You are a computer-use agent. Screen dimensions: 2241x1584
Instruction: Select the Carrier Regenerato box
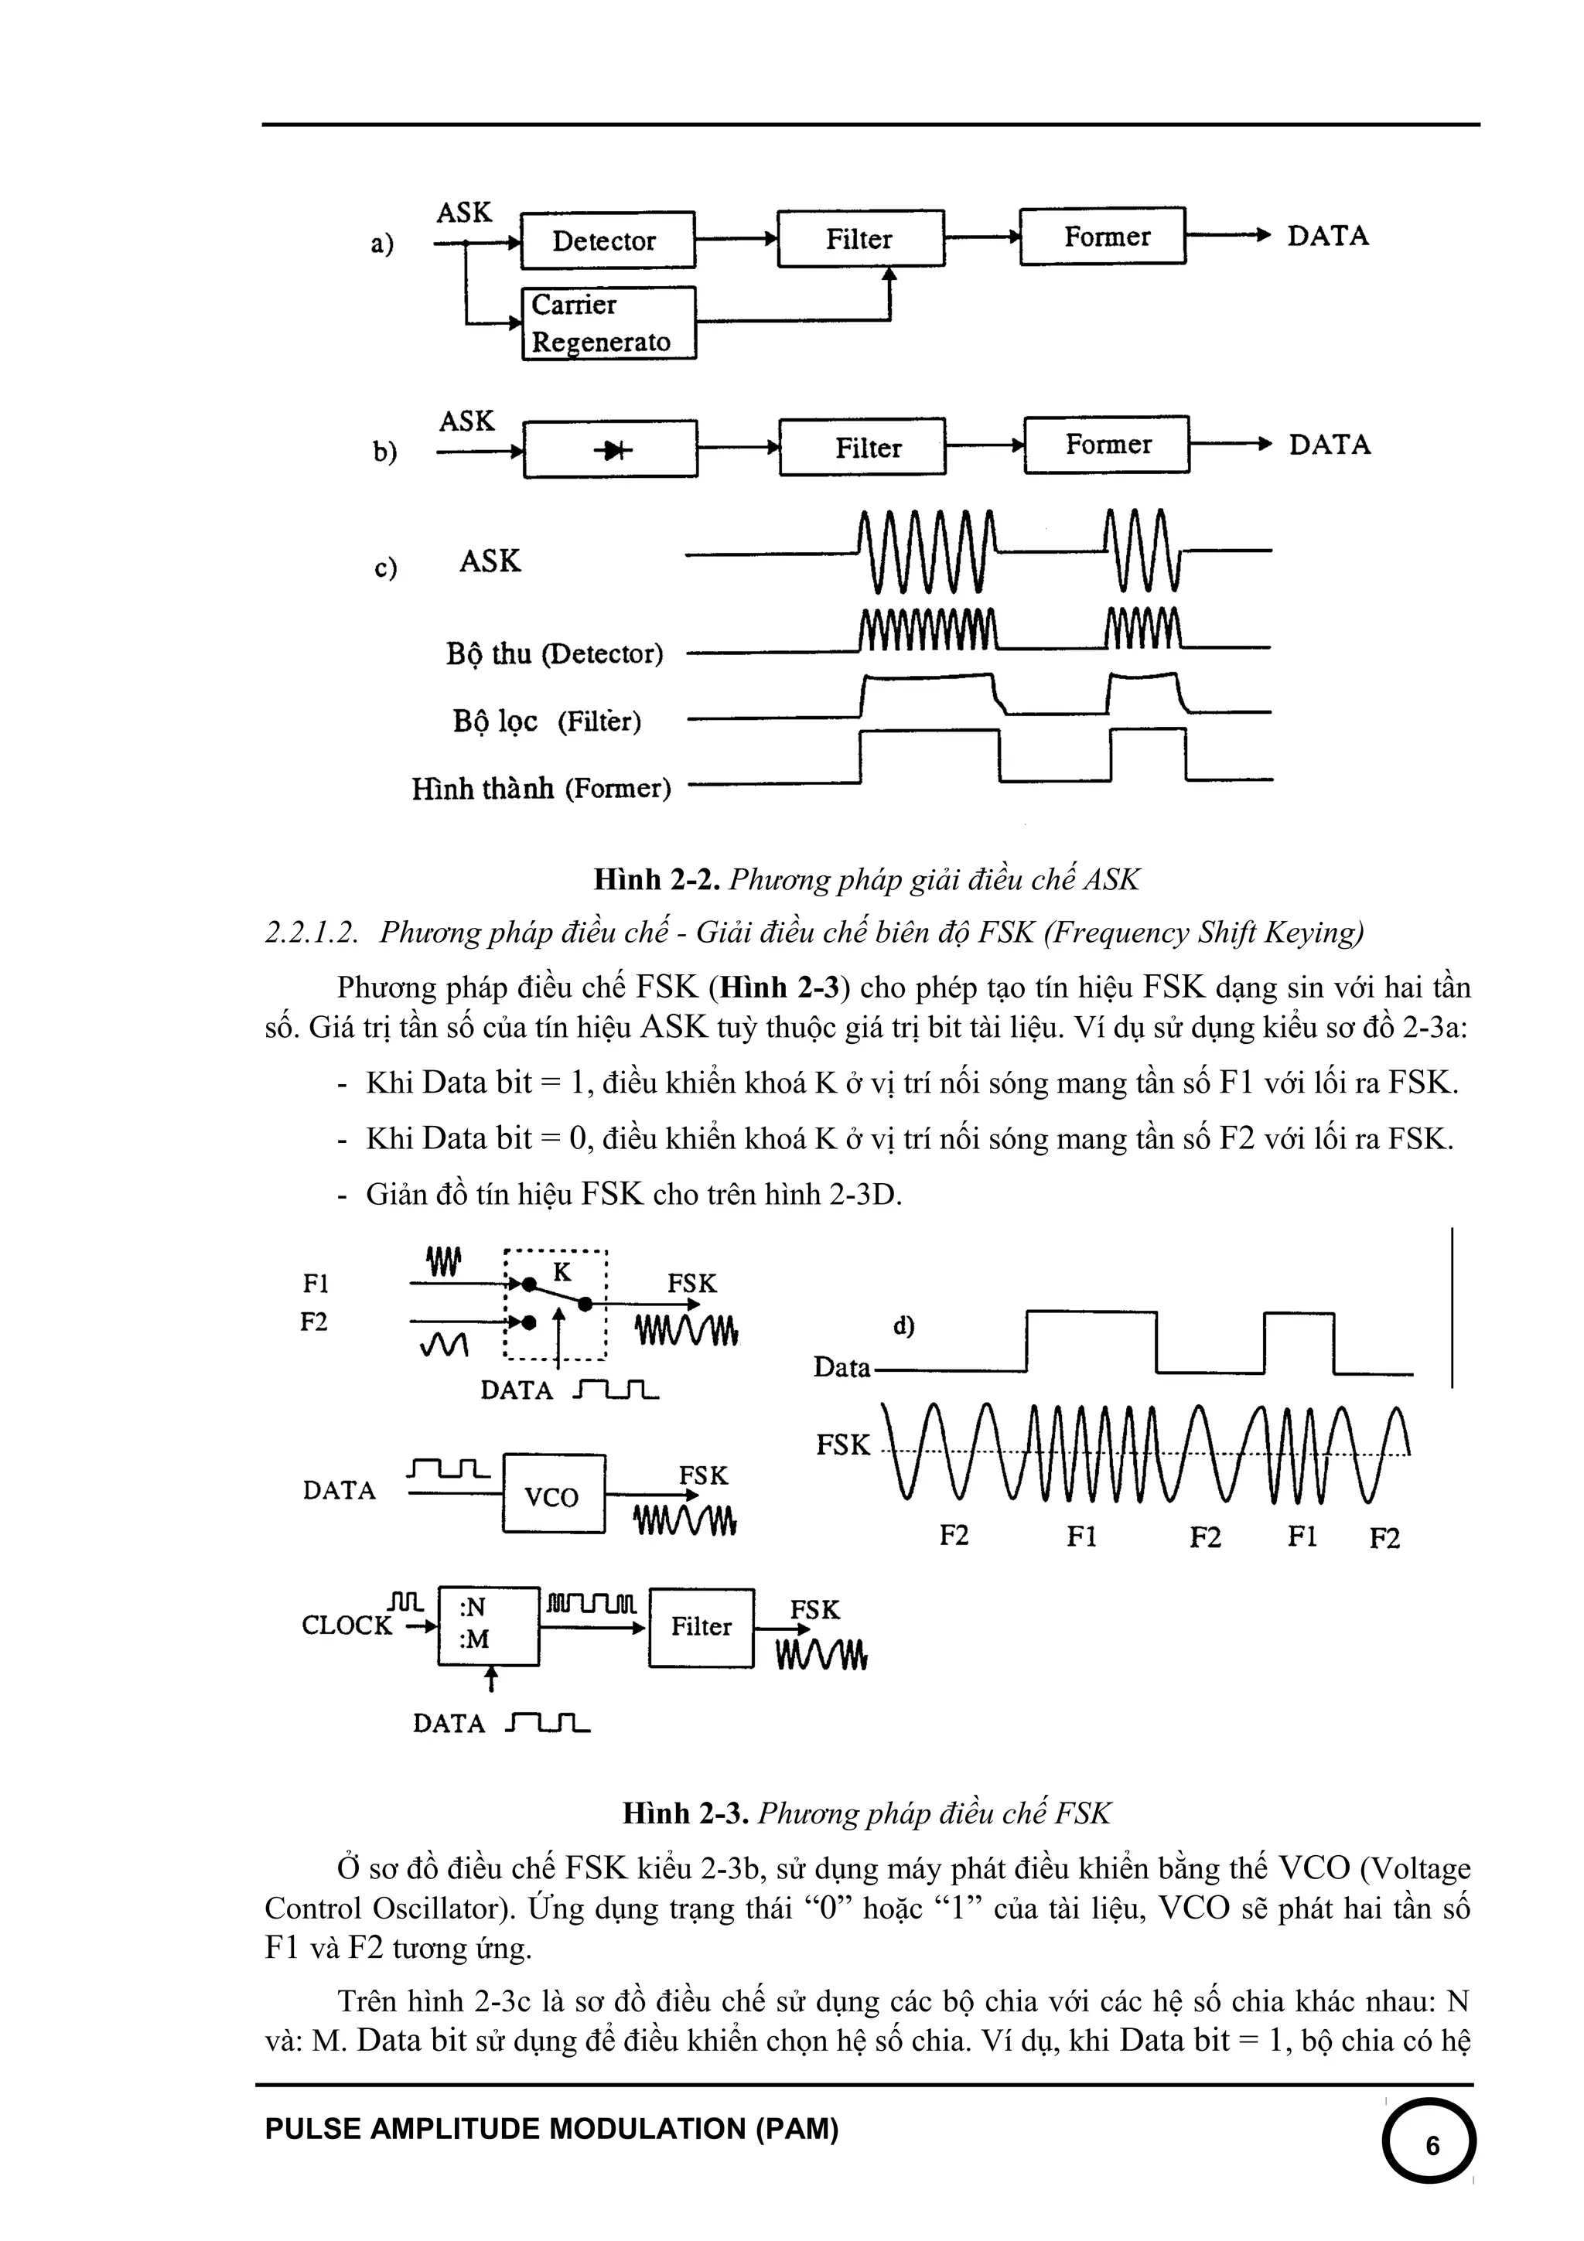pos(608,323)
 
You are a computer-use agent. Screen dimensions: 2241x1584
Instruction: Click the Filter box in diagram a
pos(860,238)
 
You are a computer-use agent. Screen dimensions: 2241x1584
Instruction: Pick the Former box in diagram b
pos(1107,445)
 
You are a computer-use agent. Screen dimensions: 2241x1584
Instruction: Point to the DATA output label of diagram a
pos(1327,236)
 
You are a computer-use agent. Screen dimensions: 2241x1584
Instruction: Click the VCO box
pos(552,1496)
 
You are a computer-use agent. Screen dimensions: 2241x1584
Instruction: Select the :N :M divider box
pos(487,1624)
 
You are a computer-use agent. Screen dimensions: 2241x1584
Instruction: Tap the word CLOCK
pos(346,1625)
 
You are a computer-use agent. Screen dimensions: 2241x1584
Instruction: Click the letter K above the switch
pos(562,1272)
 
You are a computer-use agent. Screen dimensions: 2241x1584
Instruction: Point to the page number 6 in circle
pos(1432,2147)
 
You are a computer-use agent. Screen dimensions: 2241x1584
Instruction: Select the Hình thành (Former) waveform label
pos(541,788)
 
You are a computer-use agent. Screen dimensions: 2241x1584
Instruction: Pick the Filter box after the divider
pos(701,1626)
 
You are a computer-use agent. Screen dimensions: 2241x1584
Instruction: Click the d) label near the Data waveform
pos(903,1325)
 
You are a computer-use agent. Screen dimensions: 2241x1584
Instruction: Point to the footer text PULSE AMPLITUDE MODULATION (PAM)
pos(551,2129)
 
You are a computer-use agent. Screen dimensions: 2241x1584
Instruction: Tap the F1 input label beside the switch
pos(316,1283)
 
